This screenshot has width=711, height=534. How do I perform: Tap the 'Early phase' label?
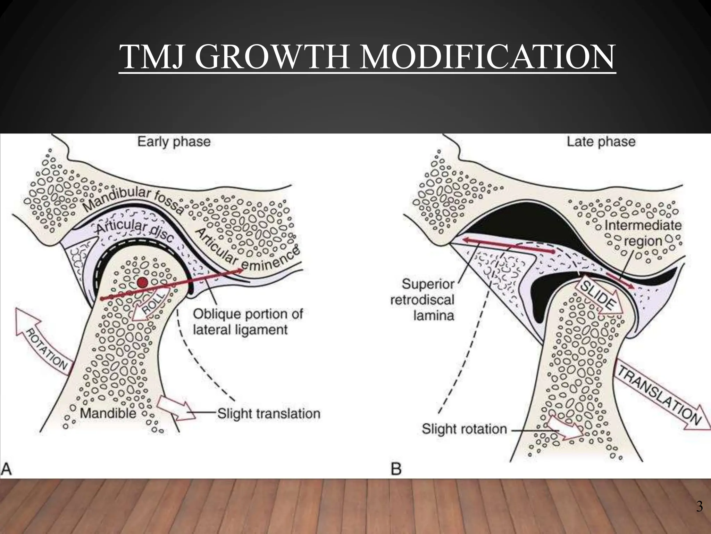click(174, 142)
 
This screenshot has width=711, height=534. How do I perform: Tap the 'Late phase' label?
click(601, 142)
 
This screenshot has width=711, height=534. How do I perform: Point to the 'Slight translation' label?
click(269, 414)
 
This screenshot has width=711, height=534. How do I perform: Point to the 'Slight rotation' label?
click(464, 429)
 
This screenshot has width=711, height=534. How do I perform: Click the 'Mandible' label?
click(108, 413)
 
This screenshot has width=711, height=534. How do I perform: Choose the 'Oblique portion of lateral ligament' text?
click(247, 322)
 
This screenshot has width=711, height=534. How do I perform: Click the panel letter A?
click(7, 469)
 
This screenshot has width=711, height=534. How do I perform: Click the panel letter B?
click(396, 469)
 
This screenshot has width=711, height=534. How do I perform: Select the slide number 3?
click(699, 507)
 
